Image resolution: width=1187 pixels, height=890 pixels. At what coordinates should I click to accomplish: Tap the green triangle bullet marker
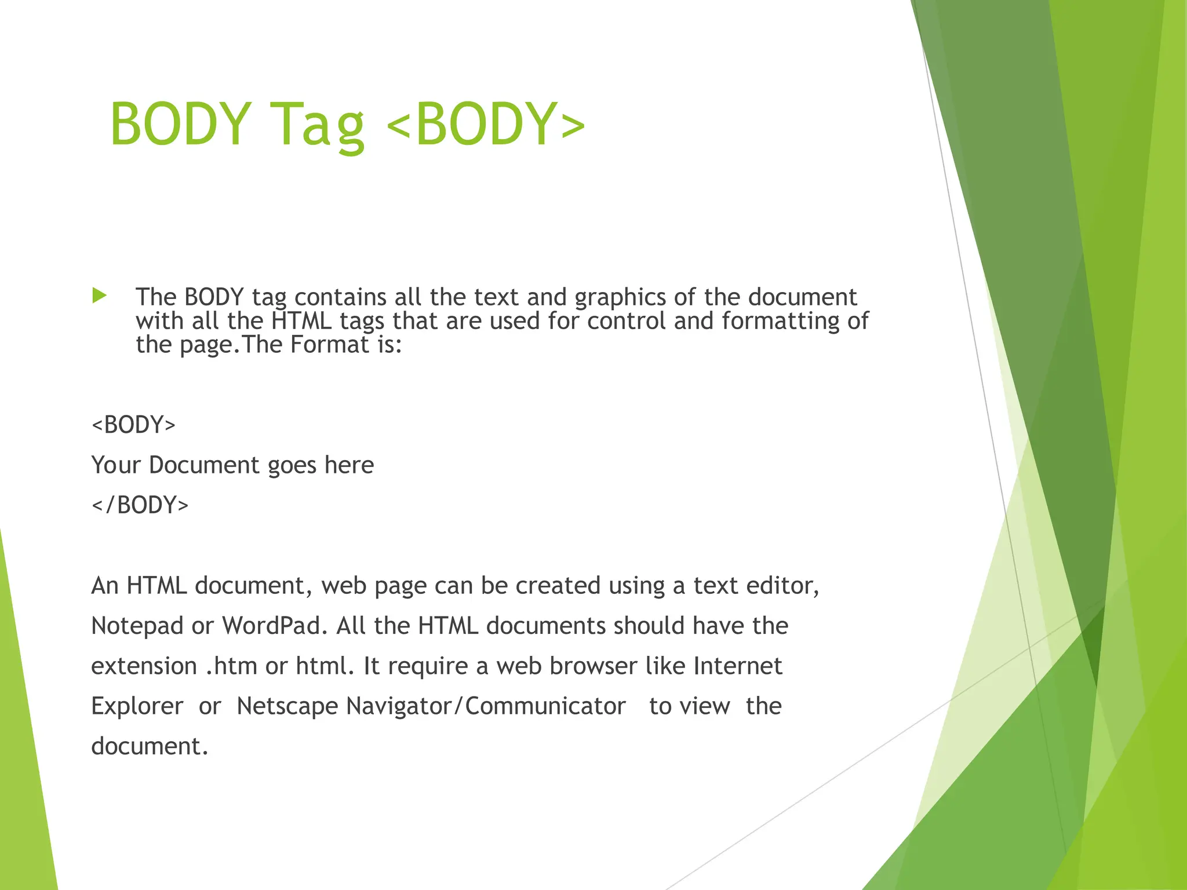tap(100, 296)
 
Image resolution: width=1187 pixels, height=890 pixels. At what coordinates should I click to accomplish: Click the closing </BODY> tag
tap(140, 505)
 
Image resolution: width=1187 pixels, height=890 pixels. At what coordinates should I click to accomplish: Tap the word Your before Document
tap(116, 465)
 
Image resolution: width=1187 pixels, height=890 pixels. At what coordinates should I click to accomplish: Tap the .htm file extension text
tap(231, 666)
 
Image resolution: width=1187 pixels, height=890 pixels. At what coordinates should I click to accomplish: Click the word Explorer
tap(137, 706)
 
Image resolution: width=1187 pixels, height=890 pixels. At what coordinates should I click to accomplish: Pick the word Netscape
tap(287, 706)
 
